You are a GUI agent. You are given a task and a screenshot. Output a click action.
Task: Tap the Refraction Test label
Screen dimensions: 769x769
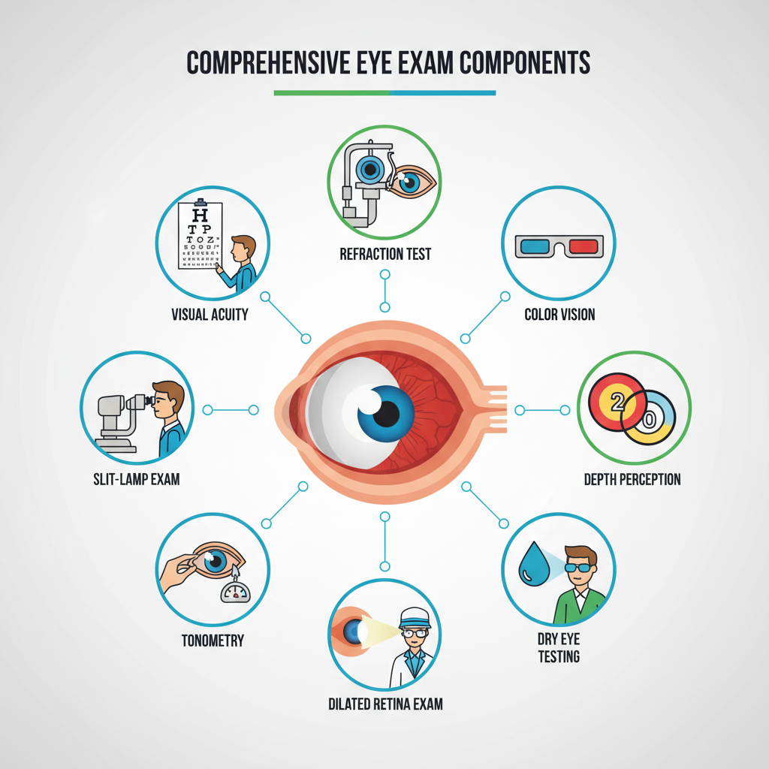[x=385, y=254]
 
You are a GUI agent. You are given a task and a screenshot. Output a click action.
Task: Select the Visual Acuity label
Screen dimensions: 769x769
[x=210, y=314]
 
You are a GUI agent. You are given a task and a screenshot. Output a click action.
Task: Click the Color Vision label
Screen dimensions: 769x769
[x=559, y=314]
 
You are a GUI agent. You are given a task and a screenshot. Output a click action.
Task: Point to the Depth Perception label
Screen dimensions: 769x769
[x=632, y=479]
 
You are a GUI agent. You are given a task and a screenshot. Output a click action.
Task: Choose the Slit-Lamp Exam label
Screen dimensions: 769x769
[x=136, y=479]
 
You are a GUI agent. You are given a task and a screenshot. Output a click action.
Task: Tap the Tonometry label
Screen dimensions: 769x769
[x=213, y=641]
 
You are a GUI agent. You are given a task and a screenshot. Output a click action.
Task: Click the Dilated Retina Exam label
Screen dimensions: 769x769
[x=385, y=704]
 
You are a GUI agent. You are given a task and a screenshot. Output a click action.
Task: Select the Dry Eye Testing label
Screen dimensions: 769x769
[x=559, y=647]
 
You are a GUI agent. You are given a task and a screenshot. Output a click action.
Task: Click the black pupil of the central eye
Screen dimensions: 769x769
[x=388, y=412]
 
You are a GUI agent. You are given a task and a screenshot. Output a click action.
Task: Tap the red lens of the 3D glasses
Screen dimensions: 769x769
[x=582, y=246]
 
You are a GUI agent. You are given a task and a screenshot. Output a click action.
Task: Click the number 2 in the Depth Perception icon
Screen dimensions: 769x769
[x=619, y=402]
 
